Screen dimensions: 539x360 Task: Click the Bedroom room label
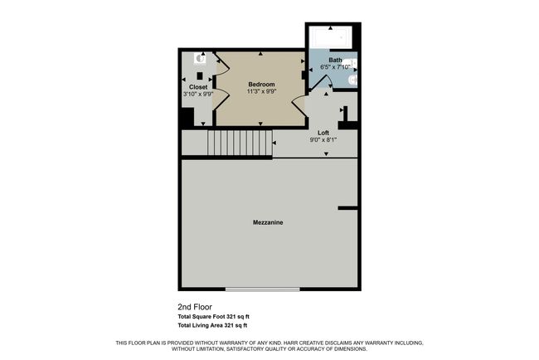click(x=261, y=85)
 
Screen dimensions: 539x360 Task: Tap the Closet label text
click(x=198, y=87)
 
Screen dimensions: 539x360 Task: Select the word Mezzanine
click(x=268, y=222)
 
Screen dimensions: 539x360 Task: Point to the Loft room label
click(x=323, y=133)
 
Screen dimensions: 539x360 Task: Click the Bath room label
click(x=335, y=61)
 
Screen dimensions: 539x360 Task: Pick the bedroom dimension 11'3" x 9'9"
click(x=261, y=91)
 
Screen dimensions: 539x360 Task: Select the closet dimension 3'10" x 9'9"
click(x=198, y=94)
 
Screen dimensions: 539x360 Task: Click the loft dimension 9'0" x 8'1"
click(x=323, y=139)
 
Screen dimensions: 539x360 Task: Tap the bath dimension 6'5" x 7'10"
click(x=335, y=67)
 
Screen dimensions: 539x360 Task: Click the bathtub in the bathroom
click(x=331, y=37)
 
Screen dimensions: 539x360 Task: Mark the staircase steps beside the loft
click(x=240, y=143)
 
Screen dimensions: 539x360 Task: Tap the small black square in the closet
click(x=200, y=76)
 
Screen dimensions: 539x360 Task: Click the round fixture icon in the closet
click(x=200, y=58)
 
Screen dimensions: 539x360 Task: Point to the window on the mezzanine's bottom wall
click(x=263, y=289)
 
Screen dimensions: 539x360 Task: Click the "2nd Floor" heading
click(x=195, y=307)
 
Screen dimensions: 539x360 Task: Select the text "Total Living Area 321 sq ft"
click(x=212, y=325)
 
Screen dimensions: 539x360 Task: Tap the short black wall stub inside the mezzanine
click(x=348, y=208)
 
